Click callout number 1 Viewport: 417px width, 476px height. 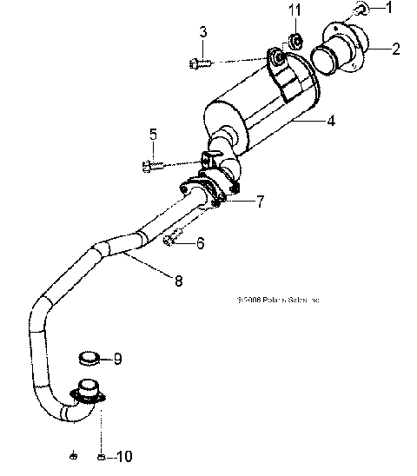(390, 8)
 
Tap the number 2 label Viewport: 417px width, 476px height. (395, 49)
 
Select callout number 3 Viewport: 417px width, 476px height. (203, 33)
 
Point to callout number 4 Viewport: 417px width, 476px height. (331, 122)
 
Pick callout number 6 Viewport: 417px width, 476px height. (200, 244)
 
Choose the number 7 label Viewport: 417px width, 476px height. (260, 202)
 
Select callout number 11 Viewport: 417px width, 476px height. (295, 11)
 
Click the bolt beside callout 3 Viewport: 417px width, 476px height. (196, 62)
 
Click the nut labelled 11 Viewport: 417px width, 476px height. (295, 40)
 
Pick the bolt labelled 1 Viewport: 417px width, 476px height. (361, 10)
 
